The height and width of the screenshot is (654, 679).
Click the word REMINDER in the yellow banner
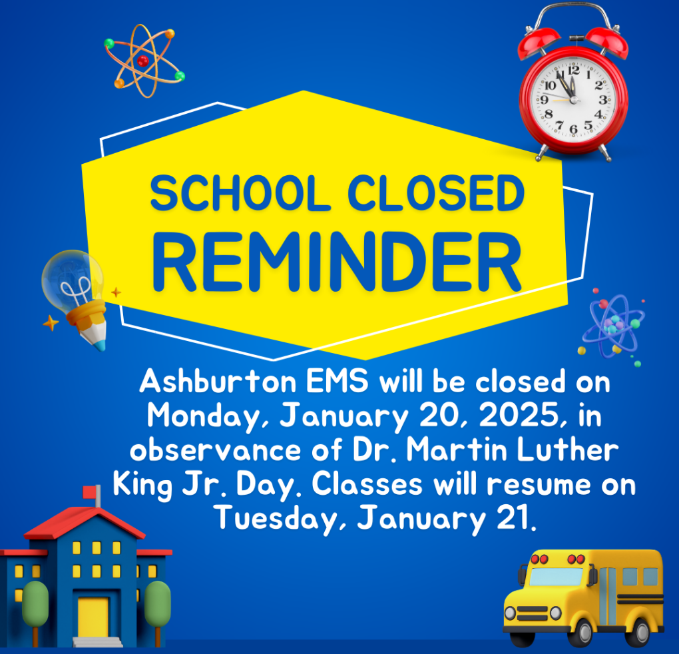coord(337,260)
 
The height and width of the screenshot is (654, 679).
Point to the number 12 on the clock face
coord(573,69)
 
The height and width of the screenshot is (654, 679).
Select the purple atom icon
coord(613,326)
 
